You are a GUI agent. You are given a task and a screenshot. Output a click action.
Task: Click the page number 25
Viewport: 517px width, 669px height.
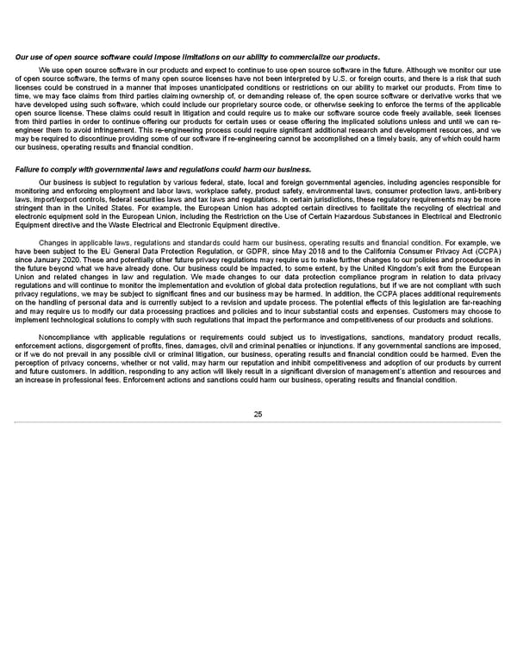(x=258, y=415)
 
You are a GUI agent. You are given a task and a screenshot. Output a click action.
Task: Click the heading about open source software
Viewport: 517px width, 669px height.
(x=198, y=57)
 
